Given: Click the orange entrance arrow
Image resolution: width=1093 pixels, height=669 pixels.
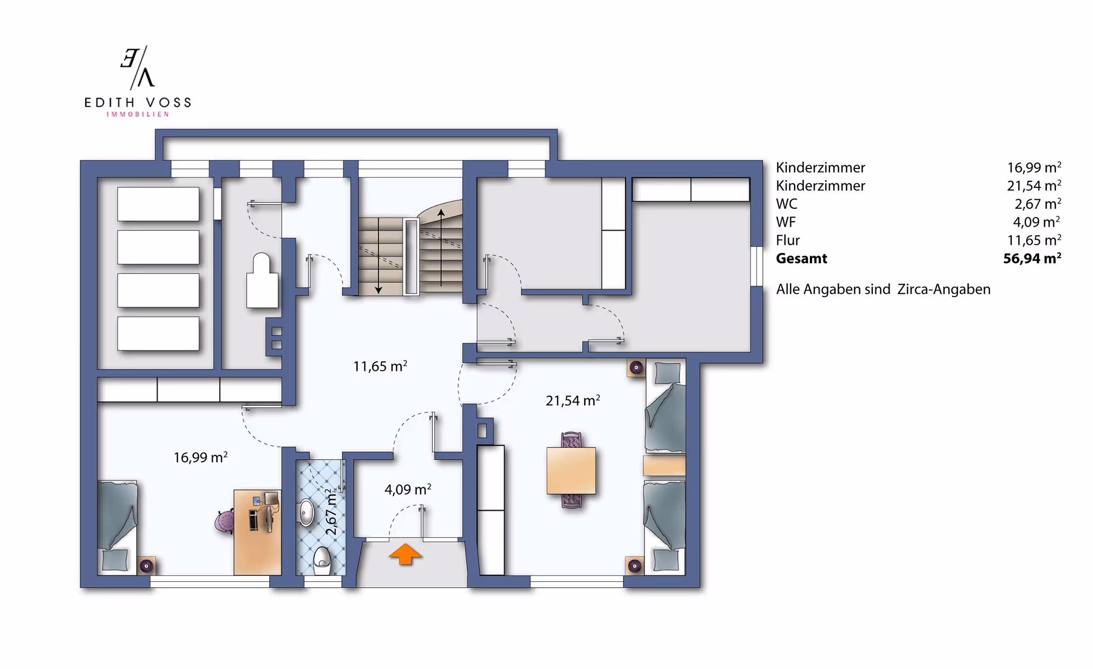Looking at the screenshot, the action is [405, 554].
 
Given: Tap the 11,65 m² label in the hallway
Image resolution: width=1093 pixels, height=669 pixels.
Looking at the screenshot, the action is [380, 366].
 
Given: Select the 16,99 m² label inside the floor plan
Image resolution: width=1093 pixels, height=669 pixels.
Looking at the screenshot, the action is [200, 457].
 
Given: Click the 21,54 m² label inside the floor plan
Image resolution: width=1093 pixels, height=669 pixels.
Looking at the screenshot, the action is [573, 400].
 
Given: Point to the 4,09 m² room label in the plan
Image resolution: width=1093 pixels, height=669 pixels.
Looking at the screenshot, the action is [408, 489].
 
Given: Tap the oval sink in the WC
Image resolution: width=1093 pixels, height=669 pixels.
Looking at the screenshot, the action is [306, 512].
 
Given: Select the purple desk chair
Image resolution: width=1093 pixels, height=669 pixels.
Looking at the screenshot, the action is [225, 522].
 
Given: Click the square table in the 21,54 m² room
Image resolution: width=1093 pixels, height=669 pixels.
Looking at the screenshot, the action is [571, 470].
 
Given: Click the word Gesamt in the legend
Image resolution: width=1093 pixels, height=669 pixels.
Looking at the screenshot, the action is [801, 258].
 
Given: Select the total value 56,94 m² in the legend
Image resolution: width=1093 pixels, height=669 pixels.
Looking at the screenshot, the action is [1032, 258].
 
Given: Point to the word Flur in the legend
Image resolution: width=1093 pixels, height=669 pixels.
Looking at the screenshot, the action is [788, 240].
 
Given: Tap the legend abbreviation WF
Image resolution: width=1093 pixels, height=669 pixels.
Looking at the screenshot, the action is [786, 222].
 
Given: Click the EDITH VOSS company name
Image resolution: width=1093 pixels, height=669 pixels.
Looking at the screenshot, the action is [138, 102].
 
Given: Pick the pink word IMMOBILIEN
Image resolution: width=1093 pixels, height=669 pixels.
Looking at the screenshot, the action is [138, 114].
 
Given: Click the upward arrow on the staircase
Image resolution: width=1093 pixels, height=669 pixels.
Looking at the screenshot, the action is [441, 247].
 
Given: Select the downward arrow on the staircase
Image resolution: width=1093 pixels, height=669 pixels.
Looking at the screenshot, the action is [379, 256].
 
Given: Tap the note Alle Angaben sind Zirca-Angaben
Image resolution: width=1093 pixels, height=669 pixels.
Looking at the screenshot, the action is [883, 289].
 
